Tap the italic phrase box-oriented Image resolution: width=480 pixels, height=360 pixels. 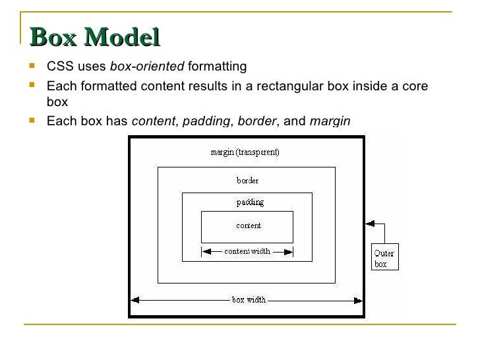point(147,67)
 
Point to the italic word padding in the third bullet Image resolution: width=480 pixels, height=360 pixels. point(206,121)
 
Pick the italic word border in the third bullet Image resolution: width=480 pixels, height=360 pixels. point(257,121)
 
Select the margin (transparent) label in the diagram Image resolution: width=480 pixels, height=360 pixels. point(245,152)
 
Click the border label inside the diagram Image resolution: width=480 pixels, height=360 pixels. point(247,179)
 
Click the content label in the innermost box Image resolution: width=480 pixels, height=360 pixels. point(248,225)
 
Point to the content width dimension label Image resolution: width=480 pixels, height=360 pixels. point(247,251)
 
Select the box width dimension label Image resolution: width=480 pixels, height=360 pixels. point(249,299)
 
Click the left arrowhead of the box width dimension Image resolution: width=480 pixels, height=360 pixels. point(135,299)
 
